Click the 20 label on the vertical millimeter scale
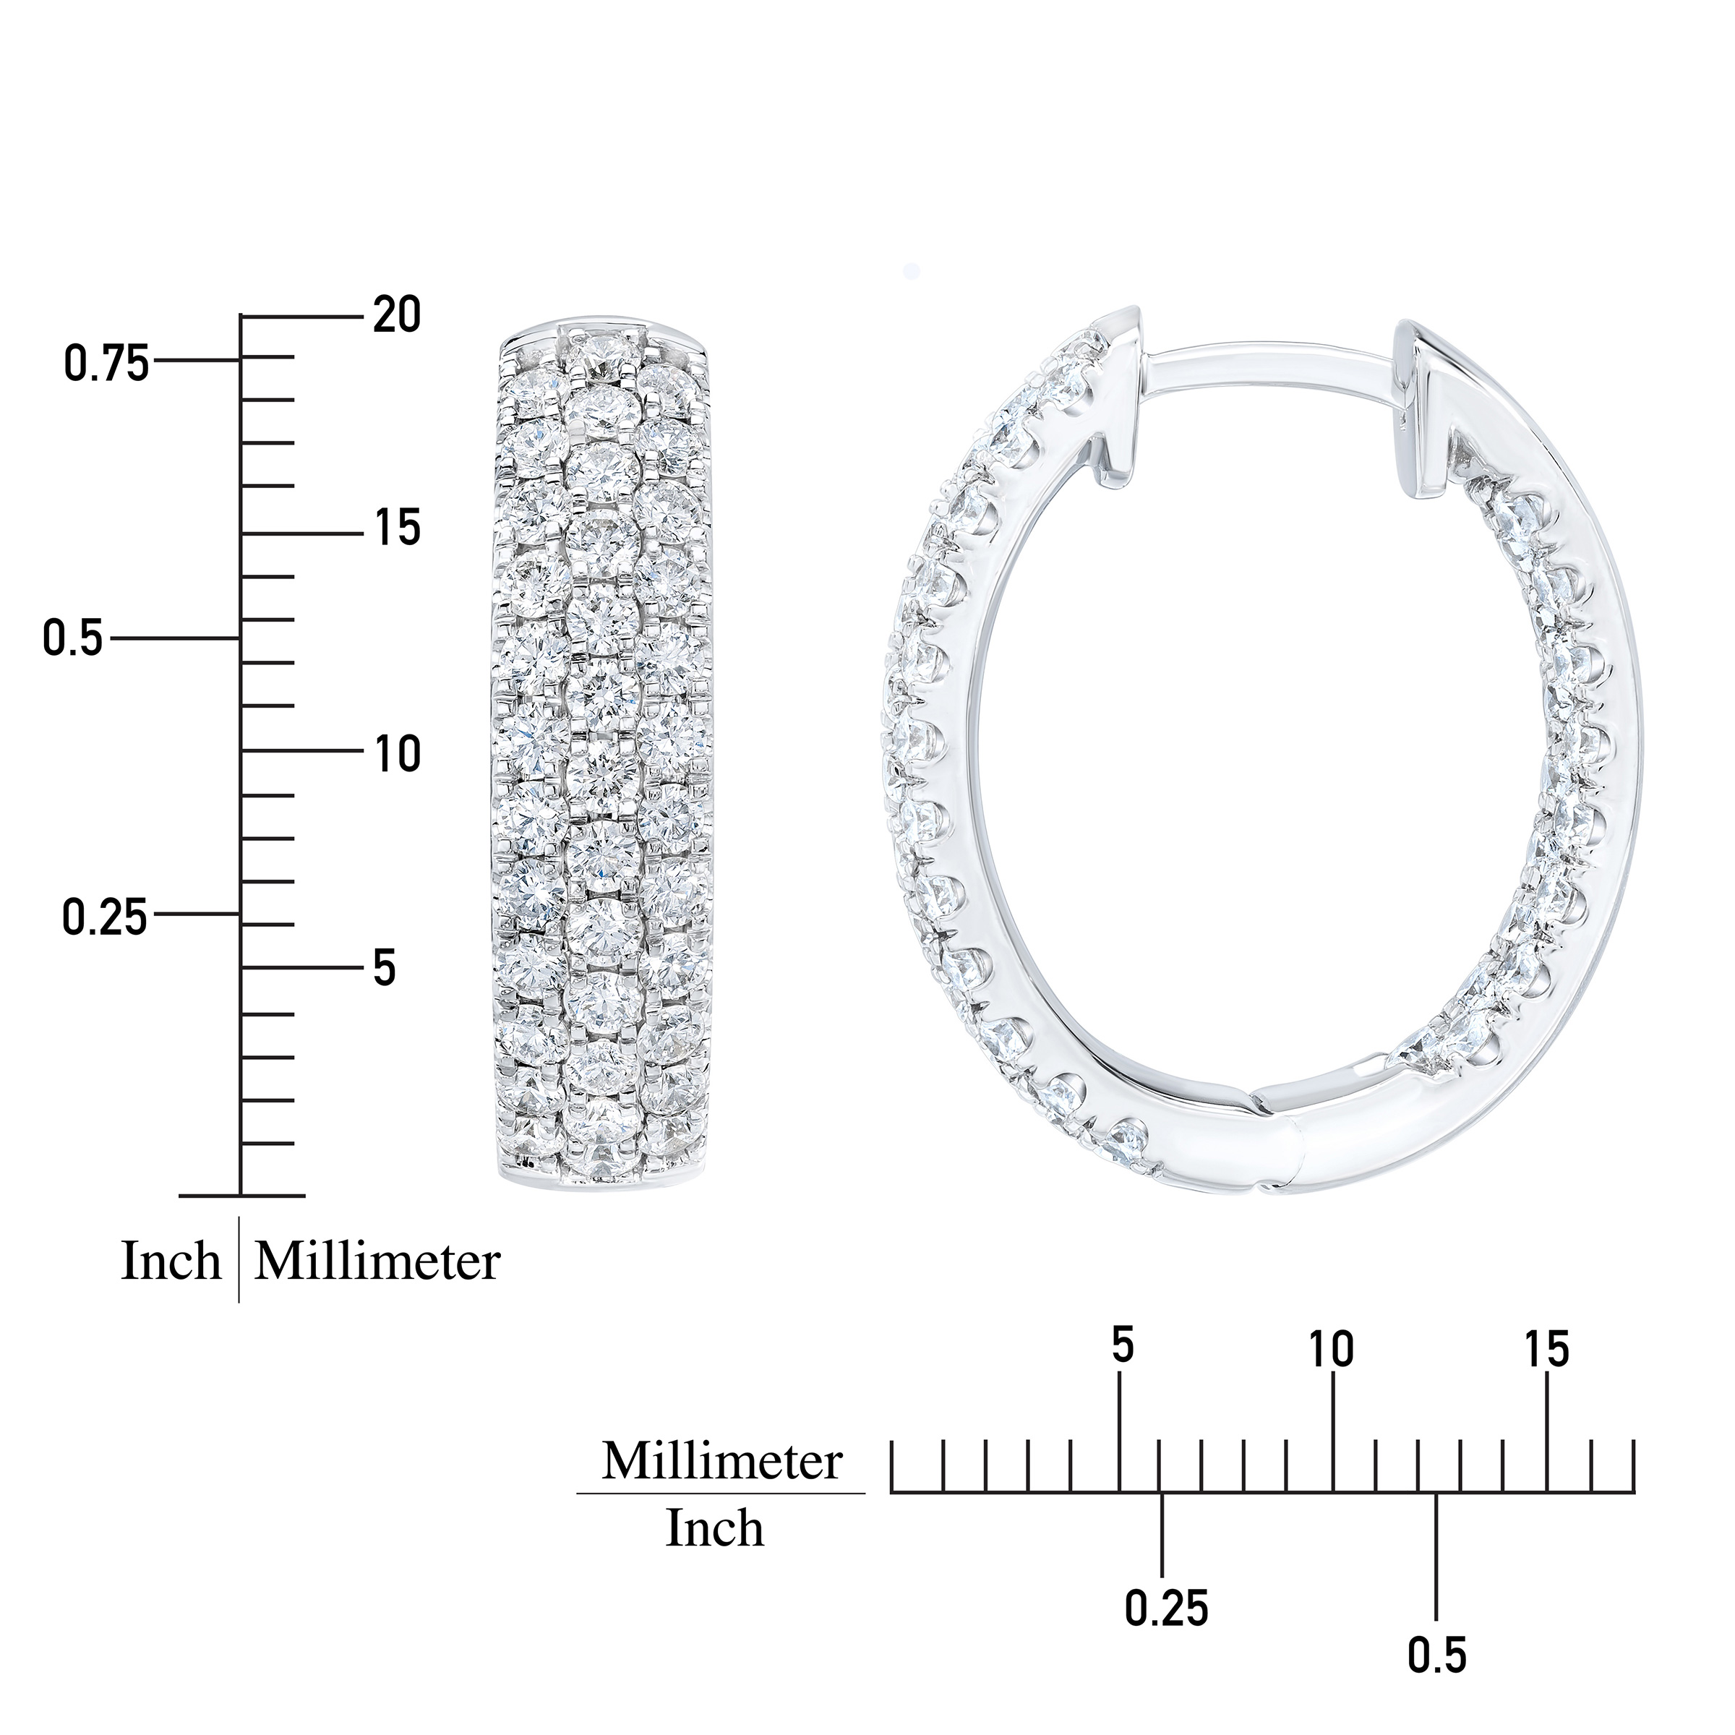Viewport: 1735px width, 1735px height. pos(396,315)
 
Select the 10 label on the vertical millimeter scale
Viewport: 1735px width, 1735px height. pos(397,753)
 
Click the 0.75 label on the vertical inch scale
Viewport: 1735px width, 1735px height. pos(106,364)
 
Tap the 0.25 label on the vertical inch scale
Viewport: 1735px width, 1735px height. pos(105,918)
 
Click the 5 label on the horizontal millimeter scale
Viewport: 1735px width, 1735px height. pos(1123,1372)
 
